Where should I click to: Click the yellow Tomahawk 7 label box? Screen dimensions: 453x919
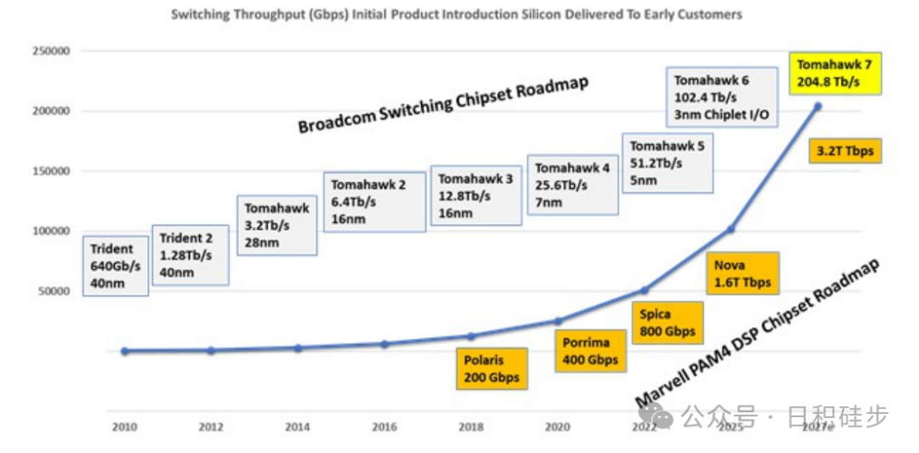[x=829, y=73]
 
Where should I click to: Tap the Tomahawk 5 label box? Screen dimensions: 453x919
[x=667, y=163]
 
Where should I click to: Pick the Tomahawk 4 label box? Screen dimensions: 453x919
[x=572, y=185]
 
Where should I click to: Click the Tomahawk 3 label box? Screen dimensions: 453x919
[x=476, y=195]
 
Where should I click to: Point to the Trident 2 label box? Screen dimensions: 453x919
[x=190, y=255]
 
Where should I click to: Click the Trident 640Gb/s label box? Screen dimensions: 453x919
[x=116, y=266]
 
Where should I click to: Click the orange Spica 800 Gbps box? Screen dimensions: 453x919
[x=667, y=323]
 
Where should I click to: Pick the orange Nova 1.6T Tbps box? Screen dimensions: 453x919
[x=741, y=273]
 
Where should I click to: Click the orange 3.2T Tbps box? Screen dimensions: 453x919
[x=845, y=152]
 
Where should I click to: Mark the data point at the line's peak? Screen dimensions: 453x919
[x=818, y=106]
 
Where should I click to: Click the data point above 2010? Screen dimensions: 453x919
[x=125, y=351]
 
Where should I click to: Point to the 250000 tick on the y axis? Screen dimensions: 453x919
[x=51, y=51]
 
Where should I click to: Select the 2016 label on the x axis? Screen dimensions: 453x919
[x=384, y=426]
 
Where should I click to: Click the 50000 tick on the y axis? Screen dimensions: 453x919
[x=54, y=291]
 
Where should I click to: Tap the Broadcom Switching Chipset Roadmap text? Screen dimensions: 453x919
[x=443, y=105]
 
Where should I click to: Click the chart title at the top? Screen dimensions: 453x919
[x=456, y=14]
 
